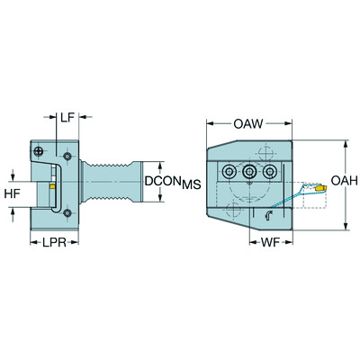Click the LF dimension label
tap(67, 118)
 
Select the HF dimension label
tap(13, 193)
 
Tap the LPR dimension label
tap(54, 242)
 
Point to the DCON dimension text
tap(163, 181)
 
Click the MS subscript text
tap(191, 184)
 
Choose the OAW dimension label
tap(248, 123)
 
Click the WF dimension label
tap(270, 242)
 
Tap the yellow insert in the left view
tap(52, 186)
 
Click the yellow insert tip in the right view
tap(321, 188)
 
